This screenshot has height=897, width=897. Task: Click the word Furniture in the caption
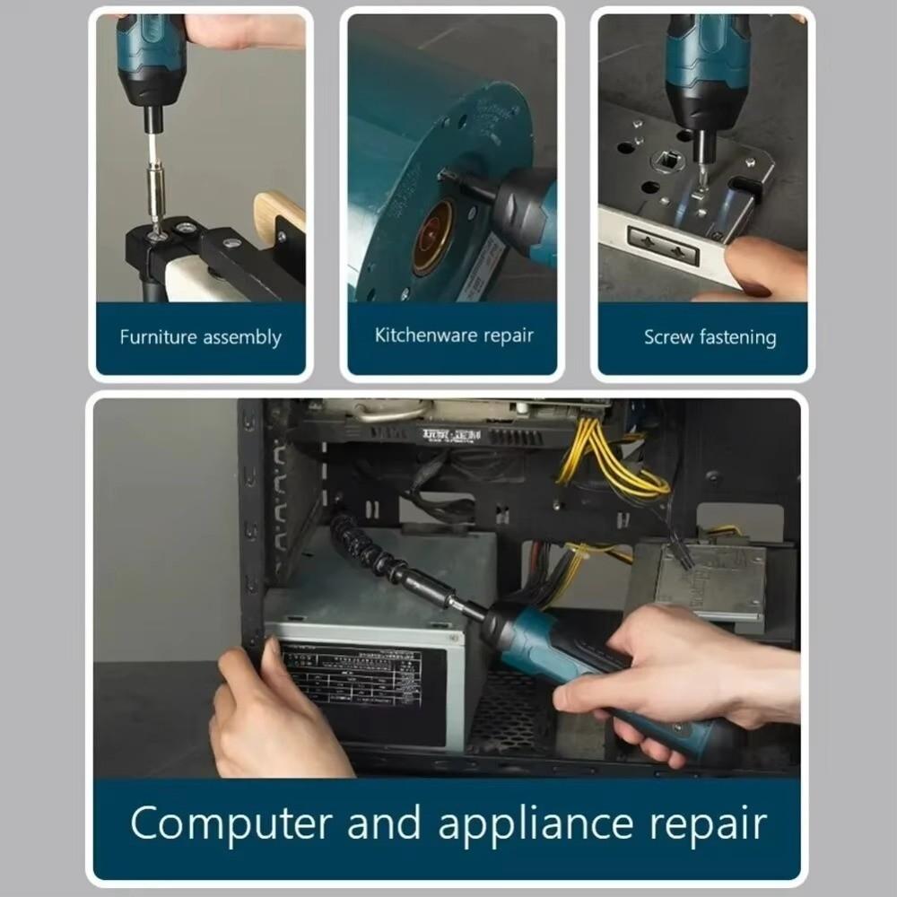158,338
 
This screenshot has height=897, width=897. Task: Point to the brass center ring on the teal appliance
432,238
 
